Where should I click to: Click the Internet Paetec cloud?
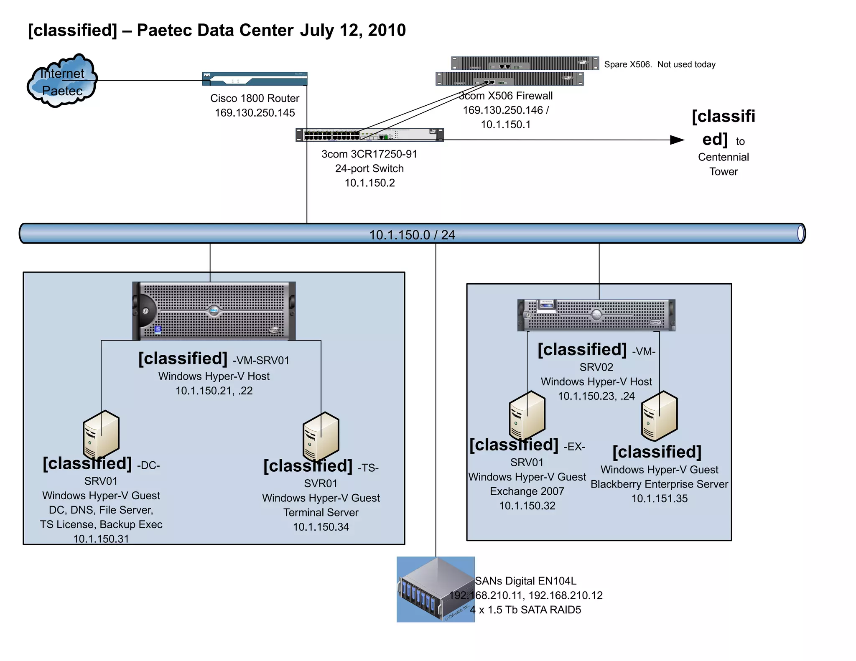pos(62,81)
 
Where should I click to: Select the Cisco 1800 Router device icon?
pos(255,79)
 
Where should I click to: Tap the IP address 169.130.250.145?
pos(255,113)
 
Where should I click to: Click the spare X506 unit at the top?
pos(525,64)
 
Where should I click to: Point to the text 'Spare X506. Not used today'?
pos(660,64)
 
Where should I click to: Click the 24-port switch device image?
pos(369,135)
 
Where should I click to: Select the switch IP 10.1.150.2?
pos(369,183)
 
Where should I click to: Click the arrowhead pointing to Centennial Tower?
pos(677,140)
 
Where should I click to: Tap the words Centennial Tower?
pos(723,164)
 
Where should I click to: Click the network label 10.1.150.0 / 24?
pos(412,235)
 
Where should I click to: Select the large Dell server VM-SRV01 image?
pos(214,311)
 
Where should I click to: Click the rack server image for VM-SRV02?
pos(596,315)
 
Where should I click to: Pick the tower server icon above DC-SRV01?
pos(101,435)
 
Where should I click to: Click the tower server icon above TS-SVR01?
pos(321,436)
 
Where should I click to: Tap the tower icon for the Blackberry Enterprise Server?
pos(659,416)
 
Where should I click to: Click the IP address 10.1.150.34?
pos(321,527)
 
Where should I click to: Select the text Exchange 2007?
pos(527,491)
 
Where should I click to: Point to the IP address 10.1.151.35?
pos(659,498)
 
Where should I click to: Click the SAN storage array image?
pos(435,589)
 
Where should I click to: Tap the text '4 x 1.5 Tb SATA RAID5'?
pos(525,610)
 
